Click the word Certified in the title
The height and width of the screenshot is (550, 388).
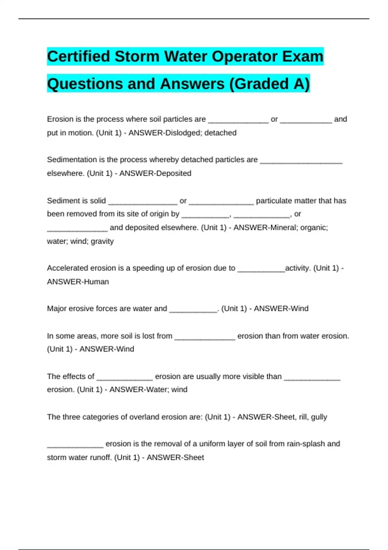coord(79,56)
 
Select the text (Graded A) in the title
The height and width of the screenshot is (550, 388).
coord(269,84)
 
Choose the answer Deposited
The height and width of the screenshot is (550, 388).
coord(173,173)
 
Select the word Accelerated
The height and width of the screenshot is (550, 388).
coord(67,268)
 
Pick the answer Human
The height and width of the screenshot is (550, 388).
coord(96,281)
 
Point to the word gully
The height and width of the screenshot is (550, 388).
coord(319,417)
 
